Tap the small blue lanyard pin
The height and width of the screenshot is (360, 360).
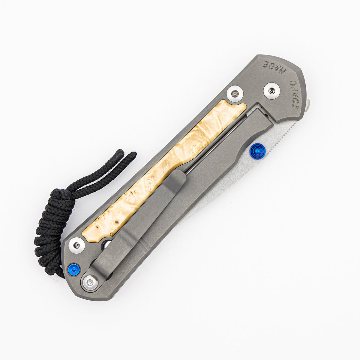click(74, 269)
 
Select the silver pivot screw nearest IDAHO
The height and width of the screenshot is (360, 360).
click(271, 91)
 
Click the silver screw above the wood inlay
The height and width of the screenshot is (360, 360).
click(235, 94)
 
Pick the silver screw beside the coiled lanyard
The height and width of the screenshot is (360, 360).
click(77, 246)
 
